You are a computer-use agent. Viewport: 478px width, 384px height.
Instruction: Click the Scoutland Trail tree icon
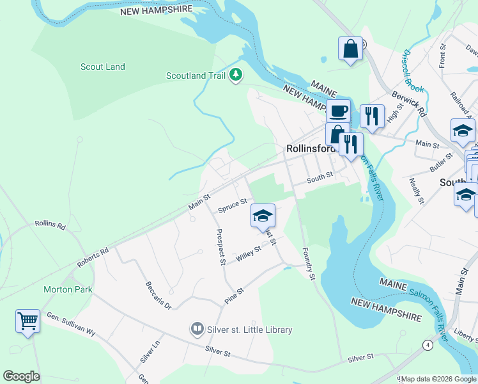click(x=236, y=76)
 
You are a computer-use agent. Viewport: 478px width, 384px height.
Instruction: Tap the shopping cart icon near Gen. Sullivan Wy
click(x=28, y=320)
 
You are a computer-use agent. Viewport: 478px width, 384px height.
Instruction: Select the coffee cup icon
click(x=338, y=111)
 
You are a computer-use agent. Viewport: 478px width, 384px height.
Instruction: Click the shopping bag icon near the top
click(x=350, y=49)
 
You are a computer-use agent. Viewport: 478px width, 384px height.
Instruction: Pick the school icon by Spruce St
click(x=262, y=216)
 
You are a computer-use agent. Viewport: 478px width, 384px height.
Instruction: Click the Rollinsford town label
click(x=311, y=148)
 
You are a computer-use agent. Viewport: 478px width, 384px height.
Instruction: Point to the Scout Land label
click(x=103, y=67)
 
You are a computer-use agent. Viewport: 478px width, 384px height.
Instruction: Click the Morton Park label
click(x=68, y=289)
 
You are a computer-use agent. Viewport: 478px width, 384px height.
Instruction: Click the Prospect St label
click(x=220, y=247)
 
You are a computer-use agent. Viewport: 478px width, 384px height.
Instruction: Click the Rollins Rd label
click(x=50, y=225)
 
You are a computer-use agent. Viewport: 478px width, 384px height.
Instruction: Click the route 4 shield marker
click(x=427, y=345)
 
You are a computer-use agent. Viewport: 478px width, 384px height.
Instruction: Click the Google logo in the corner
click(x=21, y=376)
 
